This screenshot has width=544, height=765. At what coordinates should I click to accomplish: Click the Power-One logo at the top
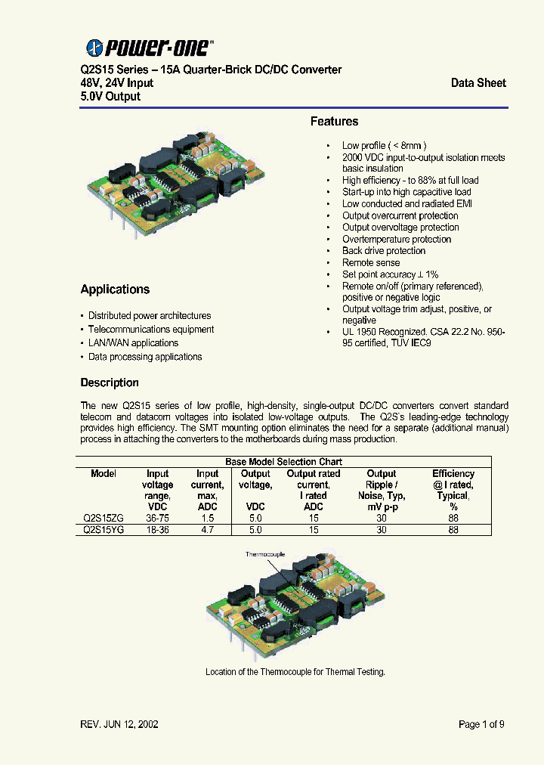tap(150, 48)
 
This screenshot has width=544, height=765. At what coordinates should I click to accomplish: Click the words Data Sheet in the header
tap(478, 83)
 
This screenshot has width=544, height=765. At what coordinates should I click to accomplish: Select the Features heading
tap(334, 122)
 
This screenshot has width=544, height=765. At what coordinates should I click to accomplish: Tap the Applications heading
tap(115, 290)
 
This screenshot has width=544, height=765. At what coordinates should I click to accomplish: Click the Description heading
tap(110, 382)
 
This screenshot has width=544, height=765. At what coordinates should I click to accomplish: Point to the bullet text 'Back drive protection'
tap(384, 251)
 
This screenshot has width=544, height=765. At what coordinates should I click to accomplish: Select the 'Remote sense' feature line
tap(371, 263)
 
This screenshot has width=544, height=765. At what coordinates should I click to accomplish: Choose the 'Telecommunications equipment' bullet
tap(151, 330)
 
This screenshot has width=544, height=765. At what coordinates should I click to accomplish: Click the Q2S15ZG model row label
tap(104, 519)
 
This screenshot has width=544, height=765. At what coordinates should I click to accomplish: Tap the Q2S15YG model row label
tap(104, 530)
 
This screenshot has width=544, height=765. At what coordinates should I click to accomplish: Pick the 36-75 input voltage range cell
tap(157, 519)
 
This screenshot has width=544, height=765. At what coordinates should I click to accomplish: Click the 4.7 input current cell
tap(207, 530)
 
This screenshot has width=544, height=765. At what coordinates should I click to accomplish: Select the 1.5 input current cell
tap(207, 519)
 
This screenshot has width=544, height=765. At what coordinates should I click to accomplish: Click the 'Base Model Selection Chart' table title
tap(283, 462)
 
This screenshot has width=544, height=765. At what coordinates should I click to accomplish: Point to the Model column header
tap(104, 474)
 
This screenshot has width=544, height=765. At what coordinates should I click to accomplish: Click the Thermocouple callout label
tap(264, 554)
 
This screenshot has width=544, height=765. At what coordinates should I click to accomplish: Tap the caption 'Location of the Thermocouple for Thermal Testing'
tap(295, 672)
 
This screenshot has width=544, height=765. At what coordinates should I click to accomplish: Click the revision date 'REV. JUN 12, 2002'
tap(119, 724)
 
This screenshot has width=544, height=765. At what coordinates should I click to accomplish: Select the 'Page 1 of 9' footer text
tap(481, 724)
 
